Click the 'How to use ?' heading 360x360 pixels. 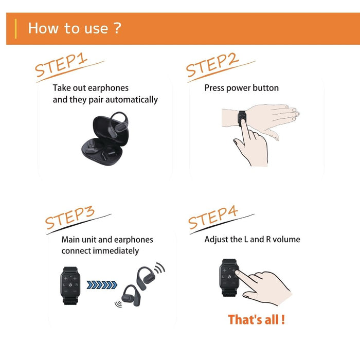click(x=75, y=28)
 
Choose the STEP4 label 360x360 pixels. click(x=213, y=218)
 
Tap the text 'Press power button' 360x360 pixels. click(x=241, y=88)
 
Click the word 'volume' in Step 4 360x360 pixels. click(x=287, y=239)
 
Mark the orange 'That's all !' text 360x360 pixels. click(x=256, y=319)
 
